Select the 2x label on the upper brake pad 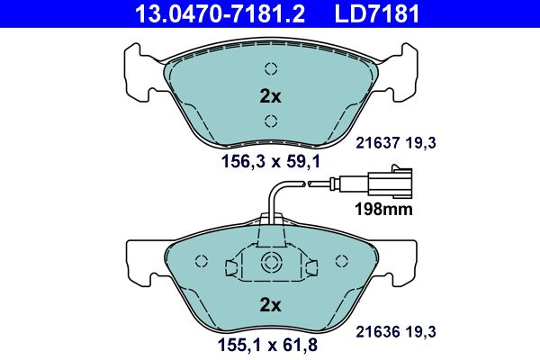click(x=271, y=95)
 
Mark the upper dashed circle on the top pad click(x=271, y=69)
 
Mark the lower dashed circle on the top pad click(x=271, y=121)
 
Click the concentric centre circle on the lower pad click(x=271, y=263)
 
